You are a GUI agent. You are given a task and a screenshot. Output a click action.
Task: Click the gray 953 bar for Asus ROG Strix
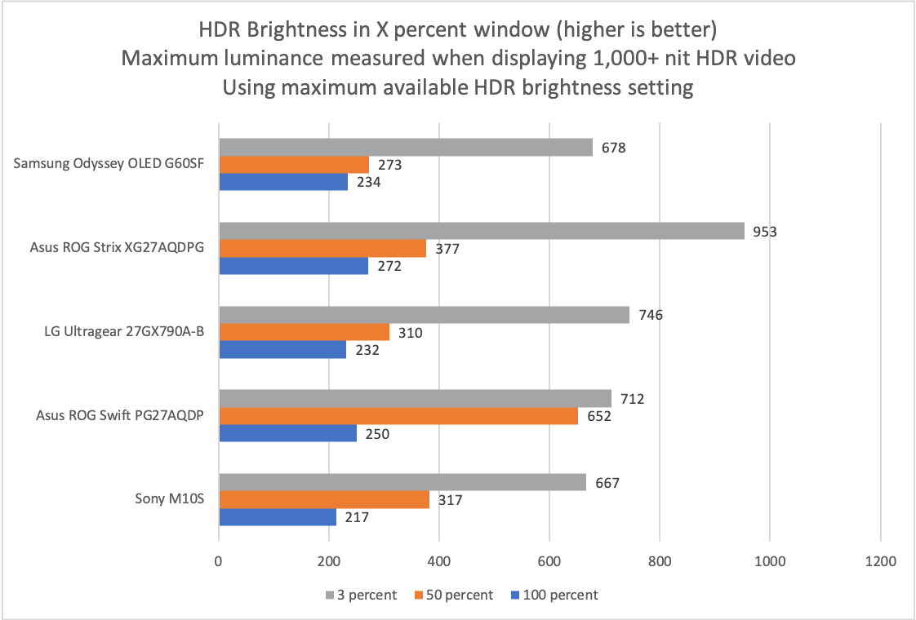(482, 232)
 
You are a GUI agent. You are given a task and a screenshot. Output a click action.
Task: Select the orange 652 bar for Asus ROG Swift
(398, 416)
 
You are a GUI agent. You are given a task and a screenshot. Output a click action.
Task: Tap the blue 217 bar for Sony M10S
(278, 517)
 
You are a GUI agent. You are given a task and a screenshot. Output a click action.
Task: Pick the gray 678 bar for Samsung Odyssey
(406, 148)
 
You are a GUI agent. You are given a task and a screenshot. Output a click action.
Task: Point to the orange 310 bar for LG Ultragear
(304, 332)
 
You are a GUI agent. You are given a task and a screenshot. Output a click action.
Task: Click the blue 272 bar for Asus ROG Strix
(294, 266)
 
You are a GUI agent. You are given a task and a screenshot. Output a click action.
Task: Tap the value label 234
(370, 183)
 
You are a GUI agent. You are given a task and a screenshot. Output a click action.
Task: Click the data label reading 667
(607, 483)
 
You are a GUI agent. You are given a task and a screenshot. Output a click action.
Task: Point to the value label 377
(448, 249)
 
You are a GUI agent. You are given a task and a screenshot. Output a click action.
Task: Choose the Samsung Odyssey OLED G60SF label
(109, 165)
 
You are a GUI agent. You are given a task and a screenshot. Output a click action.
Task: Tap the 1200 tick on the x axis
(880, 561)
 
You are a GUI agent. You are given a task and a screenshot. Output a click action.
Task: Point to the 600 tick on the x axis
(549, 561)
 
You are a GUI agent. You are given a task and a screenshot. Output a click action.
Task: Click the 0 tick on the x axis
(219, 561)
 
